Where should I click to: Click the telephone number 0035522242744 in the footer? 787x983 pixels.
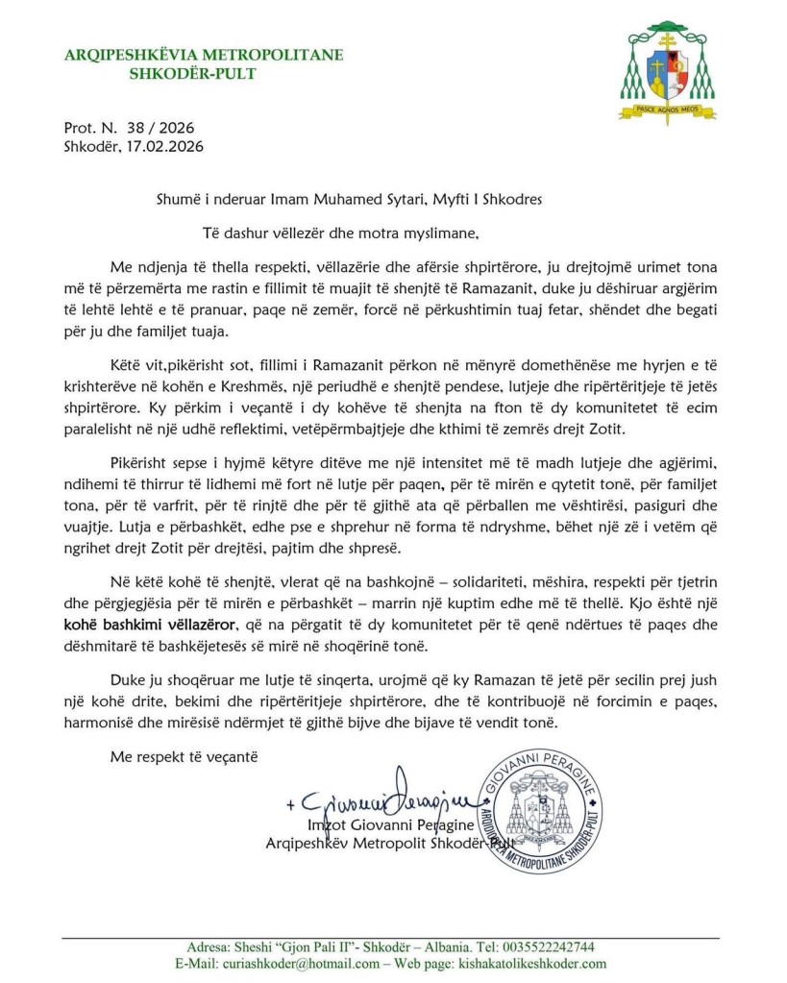(x=550, y=946)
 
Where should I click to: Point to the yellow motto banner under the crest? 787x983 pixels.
(x=667, y=111)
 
